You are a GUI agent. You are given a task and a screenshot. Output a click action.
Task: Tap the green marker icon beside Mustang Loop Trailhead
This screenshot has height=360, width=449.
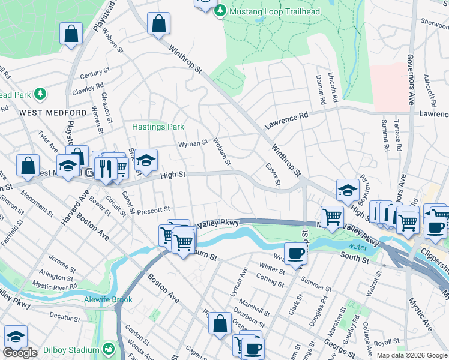[220, 10]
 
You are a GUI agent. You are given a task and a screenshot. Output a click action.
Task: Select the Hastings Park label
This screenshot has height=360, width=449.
[158, 127]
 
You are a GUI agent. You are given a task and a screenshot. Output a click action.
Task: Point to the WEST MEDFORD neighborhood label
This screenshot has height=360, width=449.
[53, 113]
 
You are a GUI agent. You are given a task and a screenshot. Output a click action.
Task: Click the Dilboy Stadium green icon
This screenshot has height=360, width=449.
[109, 349]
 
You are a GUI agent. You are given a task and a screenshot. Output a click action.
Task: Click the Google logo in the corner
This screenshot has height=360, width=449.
[20, 353]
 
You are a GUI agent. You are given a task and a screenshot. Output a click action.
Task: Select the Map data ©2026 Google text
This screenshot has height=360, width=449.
[412, 355]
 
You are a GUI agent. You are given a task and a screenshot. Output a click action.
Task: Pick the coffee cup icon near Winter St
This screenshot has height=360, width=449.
[295, 254]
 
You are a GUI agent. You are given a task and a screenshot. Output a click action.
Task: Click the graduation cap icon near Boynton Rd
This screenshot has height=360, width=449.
[348, 190]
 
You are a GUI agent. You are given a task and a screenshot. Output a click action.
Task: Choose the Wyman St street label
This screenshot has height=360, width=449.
[193, 143]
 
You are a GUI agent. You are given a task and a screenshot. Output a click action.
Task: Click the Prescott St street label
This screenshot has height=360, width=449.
[154, 211]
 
